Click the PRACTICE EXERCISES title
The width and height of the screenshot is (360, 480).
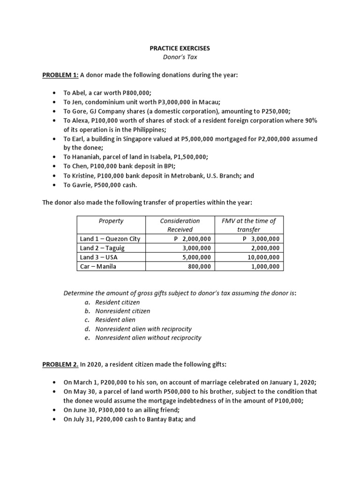[x=180, y=48]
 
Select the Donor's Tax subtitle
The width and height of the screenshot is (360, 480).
[x=180, y=57]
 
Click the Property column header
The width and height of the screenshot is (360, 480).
[x=111, y=221]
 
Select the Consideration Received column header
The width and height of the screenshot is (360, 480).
[x=180, y=225]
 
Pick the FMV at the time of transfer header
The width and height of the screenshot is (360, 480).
[x=248, y=225]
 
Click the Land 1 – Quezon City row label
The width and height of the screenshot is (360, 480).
[x=110, y=239]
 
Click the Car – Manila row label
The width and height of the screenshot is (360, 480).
[x=98, y=266]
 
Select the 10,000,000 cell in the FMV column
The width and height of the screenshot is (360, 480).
[x=263, y=257]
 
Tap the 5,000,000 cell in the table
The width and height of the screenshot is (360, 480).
[x=196, y=257]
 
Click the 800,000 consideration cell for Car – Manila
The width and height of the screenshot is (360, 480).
[x=199, y=266]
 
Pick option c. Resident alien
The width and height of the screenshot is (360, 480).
[x=116, y=320]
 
